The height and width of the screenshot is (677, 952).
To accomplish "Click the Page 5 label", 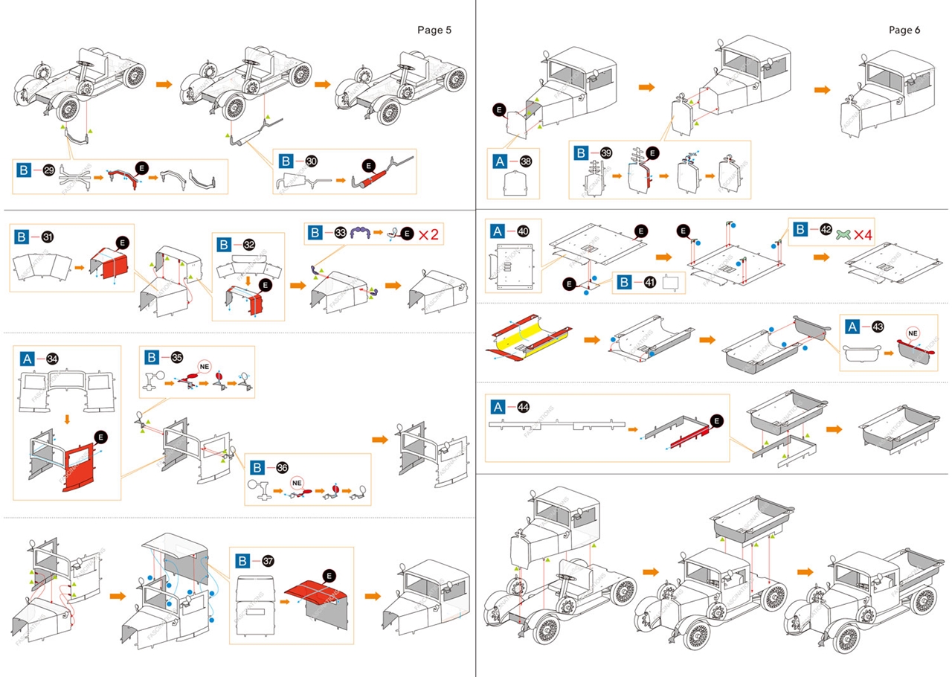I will (x=434, y=30).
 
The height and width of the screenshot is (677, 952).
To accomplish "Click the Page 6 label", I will (x=904, y=30).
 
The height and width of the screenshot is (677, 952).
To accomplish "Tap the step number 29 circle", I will (x=49, y=170).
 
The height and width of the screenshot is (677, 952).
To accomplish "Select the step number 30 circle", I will (x=311, y=161).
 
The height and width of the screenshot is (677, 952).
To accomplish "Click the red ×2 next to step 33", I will (x=428, y=234).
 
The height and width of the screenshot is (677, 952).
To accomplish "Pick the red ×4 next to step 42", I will (x=862, y=234).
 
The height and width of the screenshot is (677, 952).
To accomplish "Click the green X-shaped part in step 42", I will (x=843, y=234).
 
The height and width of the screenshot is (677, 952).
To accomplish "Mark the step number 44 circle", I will (x=524, y=407).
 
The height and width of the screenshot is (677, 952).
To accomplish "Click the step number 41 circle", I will (x=646, y=283).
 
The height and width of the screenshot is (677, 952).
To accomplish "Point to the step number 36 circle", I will (x=281, y=467).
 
